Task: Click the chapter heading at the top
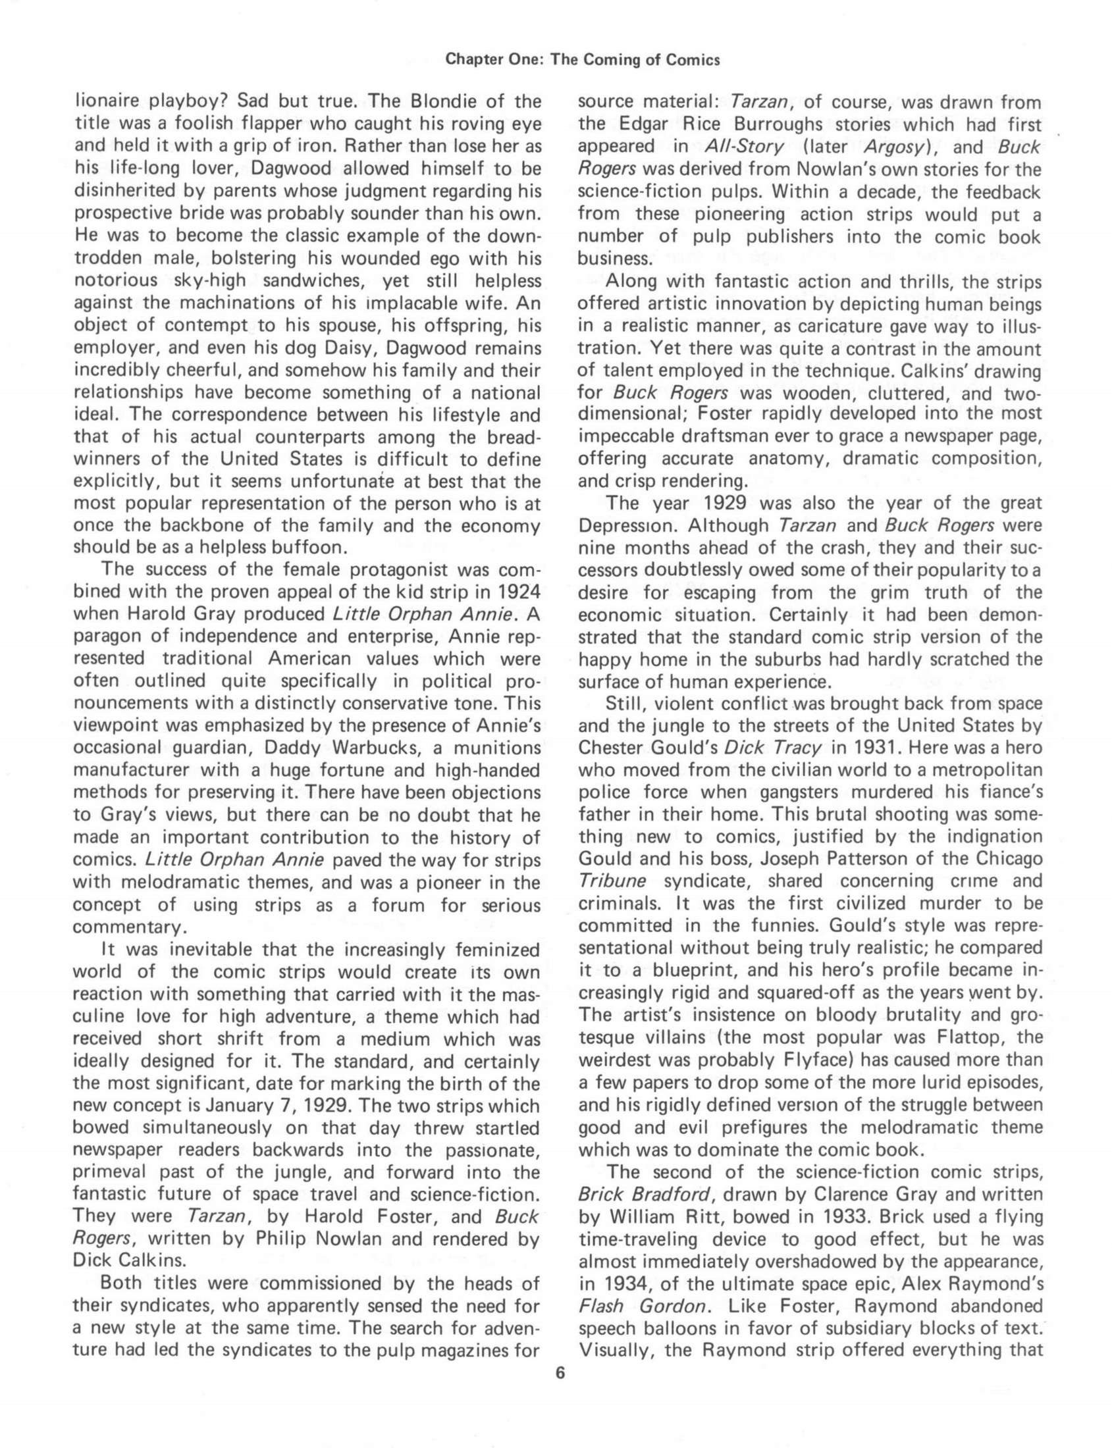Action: [582, 60]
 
